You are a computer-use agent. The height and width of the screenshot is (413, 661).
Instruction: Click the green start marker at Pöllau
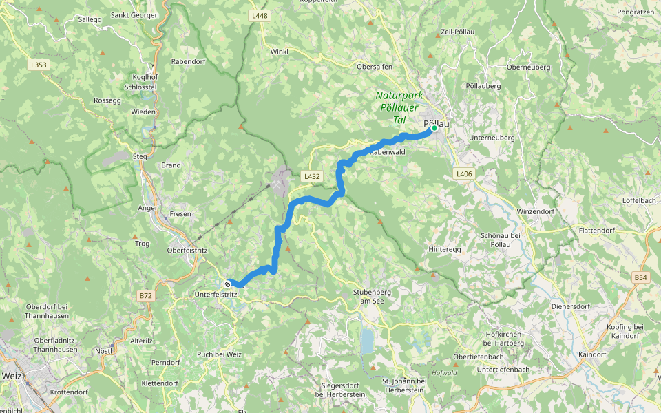[434, 128]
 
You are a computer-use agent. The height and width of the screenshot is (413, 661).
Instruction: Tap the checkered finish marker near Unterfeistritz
[228, 282]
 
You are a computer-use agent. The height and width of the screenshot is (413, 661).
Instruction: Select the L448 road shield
[260, 15]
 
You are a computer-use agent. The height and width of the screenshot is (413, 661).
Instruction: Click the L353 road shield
[39, 65]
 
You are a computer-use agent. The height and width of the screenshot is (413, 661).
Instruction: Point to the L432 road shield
[312, 176]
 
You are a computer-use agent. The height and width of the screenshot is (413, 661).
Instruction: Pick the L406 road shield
[464, 174]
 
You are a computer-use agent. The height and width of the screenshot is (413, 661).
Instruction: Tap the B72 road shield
[145, 295]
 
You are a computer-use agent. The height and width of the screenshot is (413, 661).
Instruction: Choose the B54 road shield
[641, 277]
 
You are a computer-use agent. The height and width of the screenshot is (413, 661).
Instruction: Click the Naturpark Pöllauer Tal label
[399, 107]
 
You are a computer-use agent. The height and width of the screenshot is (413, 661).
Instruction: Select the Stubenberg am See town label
[372, 295]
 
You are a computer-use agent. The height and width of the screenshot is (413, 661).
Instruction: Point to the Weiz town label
[12, 376]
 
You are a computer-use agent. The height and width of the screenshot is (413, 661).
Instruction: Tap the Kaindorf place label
[592, 354]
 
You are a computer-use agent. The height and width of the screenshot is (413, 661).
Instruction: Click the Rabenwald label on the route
[390, 151]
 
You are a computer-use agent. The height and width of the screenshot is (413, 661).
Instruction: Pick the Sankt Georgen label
[134, 14]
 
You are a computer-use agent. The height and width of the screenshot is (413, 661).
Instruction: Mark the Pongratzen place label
[635, 12]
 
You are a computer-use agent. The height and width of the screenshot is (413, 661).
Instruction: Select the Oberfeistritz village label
[187, 251]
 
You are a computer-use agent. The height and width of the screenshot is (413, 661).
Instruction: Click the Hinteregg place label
[443, 249]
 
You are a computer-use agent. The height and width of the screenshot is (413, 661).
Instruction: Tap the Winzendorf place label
[535, 211]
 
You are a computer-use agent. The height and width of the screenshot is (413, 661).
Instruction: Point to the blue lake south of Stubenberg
[367, 340]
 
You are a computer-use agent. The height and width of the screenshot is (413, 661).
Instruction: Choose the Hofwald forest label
[444, 373]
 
